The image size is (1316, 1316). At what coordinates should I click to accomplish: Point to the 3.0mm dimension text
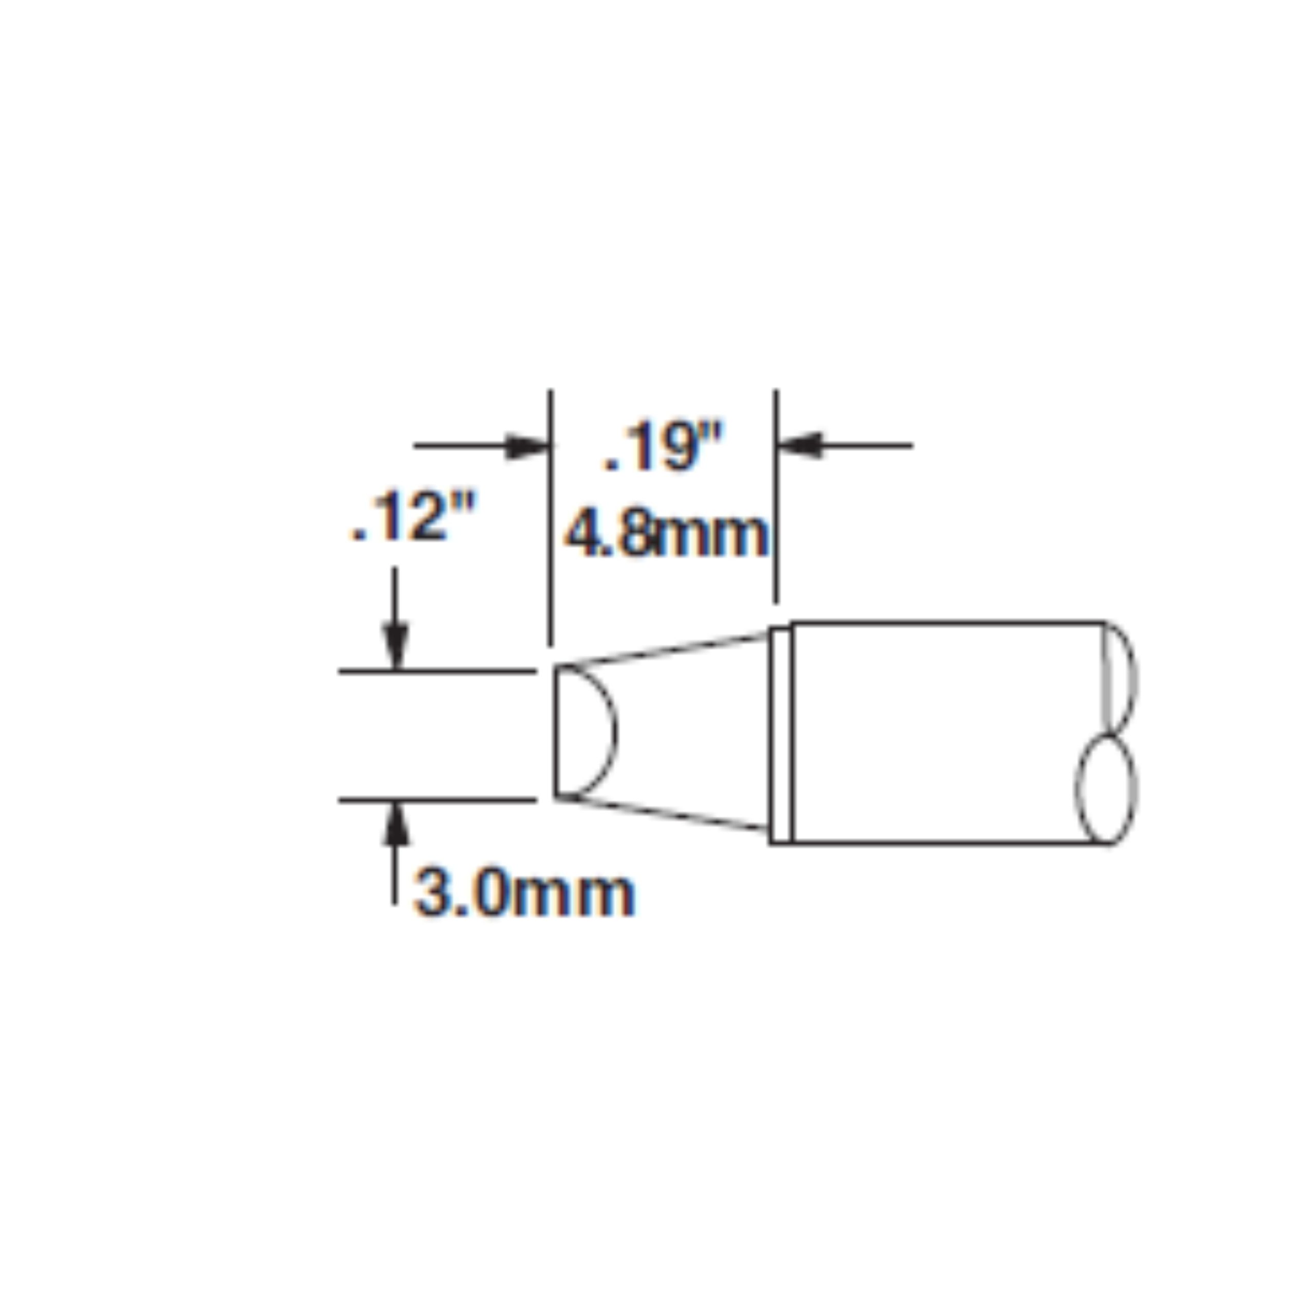click(524, 893)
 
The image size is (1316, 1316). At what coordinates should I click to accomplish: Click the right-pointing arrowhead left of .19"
click(528, 446)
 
